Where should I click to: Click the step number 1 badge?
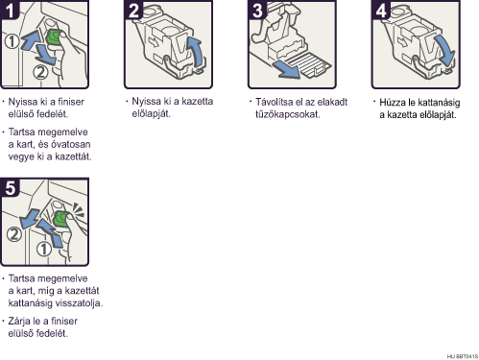pyautogui.click(x=9, y=10)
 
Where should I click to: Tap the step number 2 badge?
pyautogui.click(x=132, y=10)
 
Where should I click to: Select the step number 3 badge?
pyautogui.click(x=256, y=10)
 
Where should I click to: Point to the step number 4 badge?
pyautogui.click(x=380, y=10)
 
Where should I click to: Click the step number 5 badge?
pyautogui.click(x=10, y=187)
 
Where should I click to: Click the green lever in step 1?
pyautogui.click(x=55, y=38)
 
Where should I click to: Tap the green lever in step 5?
pyautogui.click(x=60, y=219)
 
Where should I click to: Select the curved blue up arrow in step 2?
pyautogui.click(x=197, y=53)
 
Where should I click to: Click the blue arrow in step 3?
pyautogui.click(x=286, y=70)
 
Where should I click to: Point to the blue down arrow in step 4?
pyautogui.click(x=444, y=51)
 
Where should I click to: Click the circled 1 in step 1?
pyautogui.click(x=12, y=41)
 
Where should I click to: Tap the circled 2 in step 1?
pyautogui.click(x=40, y=72)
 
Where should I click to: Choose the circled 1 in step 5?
pyautogui.click(x=44, y=249)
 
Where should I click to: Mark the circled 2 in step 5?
pyautogui.click(x=14, y=234)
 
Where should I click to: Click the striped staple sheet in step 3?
pyautogui.click(x=309, y=65)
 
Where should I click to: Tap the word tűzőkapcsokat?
pyautogui.click(x=287, y=114)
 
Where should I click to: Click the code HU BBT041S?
pyautogui.click(x=463, y=356)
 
